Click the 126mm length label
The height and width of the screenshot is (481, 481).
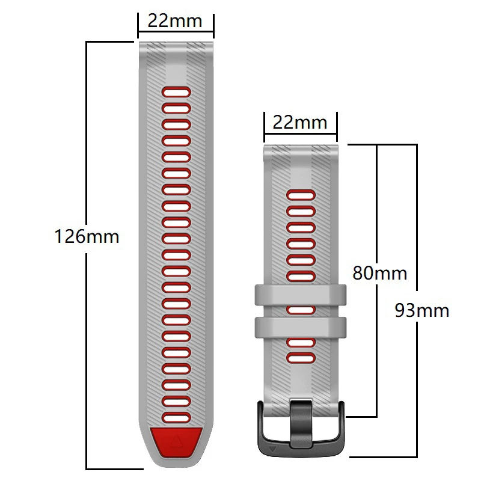(87, 236)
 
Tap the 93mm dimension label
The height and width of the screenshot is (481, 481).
(422, 310)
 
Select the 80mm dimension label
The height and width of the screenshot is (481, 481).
(379, 274)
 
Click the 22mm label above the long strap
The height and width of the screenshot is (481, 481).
(175, 21)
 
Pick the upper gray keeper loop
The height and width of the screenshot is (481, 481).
(301, 295)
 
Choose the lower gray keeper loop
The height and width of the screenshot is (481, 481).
(301, 327)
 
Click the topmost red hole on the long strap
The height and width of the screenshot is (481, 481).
(176, 91)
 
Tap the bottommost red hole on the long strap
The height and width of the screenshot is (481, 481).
(176, 416)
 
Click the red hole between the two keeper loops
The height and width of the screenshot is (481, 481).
(301, 310)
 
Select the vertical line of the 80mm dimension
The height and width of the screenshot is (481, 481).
(376, 349)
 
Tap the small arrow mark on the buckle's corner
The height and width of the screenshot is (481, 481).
(273, 449)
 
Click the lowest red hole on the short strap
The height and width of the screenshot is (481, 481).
(301, 358)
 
